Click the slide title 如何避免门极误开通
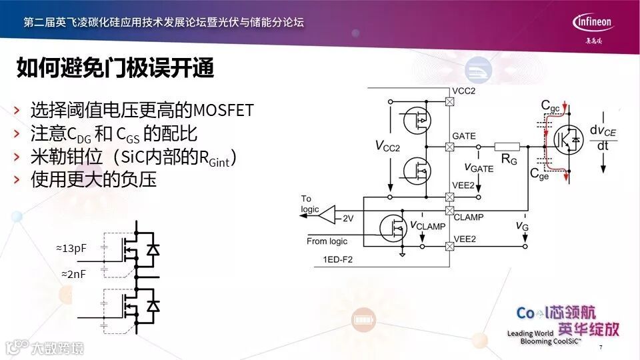115,68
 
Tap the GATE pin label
464,136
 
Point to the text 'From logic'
327,241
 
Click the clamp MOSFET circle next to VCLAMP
393,227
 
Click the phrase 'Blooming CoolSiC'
551,341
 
